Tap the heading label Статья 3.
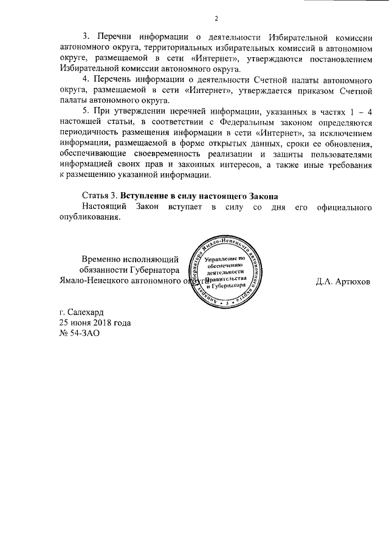coord(100,197)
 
